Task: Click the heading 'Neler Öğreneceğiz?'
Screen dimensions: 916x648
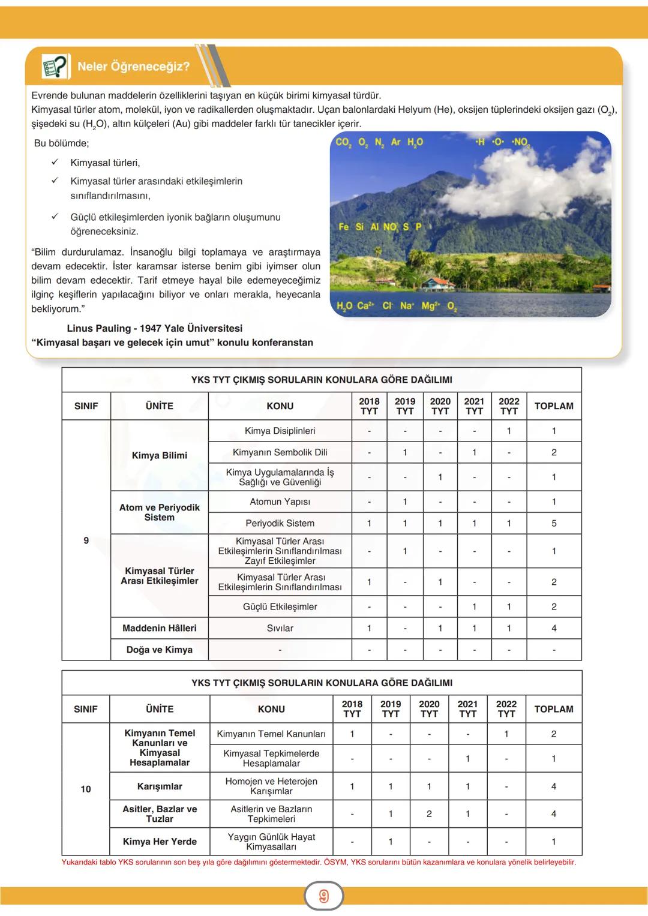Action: pyautogui.click(x=133, y=67)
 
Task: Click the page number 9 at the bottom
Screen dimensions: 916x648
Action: pyautogui.click(x=324, y=896)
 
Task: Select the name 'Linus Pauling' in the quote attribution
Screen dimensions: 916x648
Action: pyautogui.click(x=98, y=328)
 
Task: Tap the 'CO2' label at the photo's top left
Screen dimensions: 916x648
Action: pyautogui.click(x=343, y=142)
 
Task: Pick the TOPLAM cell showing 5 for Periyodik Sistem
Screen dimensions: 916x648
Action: pyautogui.click(x=553, y=523)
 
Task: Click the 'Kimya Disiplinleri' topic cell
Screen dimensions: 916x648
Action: pyautogui.click(x=280, y=431)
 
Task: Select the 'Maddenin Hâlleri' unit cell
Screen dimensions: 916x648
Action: pyautogui.click(x=160, y=628)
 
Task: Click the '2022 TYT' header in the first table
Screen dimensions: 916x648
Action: pyautogui.click(x=509, y=406)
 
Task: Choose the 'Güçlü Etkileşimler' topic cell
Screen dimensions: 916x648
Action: pyautogui.click(x=280, y=606)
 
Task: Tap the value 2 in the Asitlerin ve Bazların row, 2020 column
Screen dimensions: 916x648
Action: pyautogui.click(x=429, y=814)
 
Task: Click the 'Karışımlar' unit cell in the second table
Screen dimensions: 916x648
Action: pyautogui.click(x=160, y=786)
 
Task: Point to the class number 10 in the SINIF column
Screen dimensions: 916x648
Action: pyautogui.click(x=86, y=789)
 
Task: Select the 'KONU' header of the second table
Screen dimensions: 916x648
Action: pyautogui.click(x=271, y=709)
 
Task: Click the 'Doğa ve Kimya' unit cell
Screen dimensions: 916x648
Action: pyautogui.click(x=160, y=650)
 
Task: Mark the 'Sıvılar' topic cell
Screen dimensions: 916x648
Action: pyautogui.click(x=280, y=628)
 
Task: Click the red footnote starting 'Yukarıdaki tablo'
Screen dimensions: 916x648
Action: pyautogui.click(x=319, y=863)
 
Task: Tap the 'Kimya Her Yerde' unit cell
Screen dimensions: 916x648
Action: pyautogui.click(x=160, y=842)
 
